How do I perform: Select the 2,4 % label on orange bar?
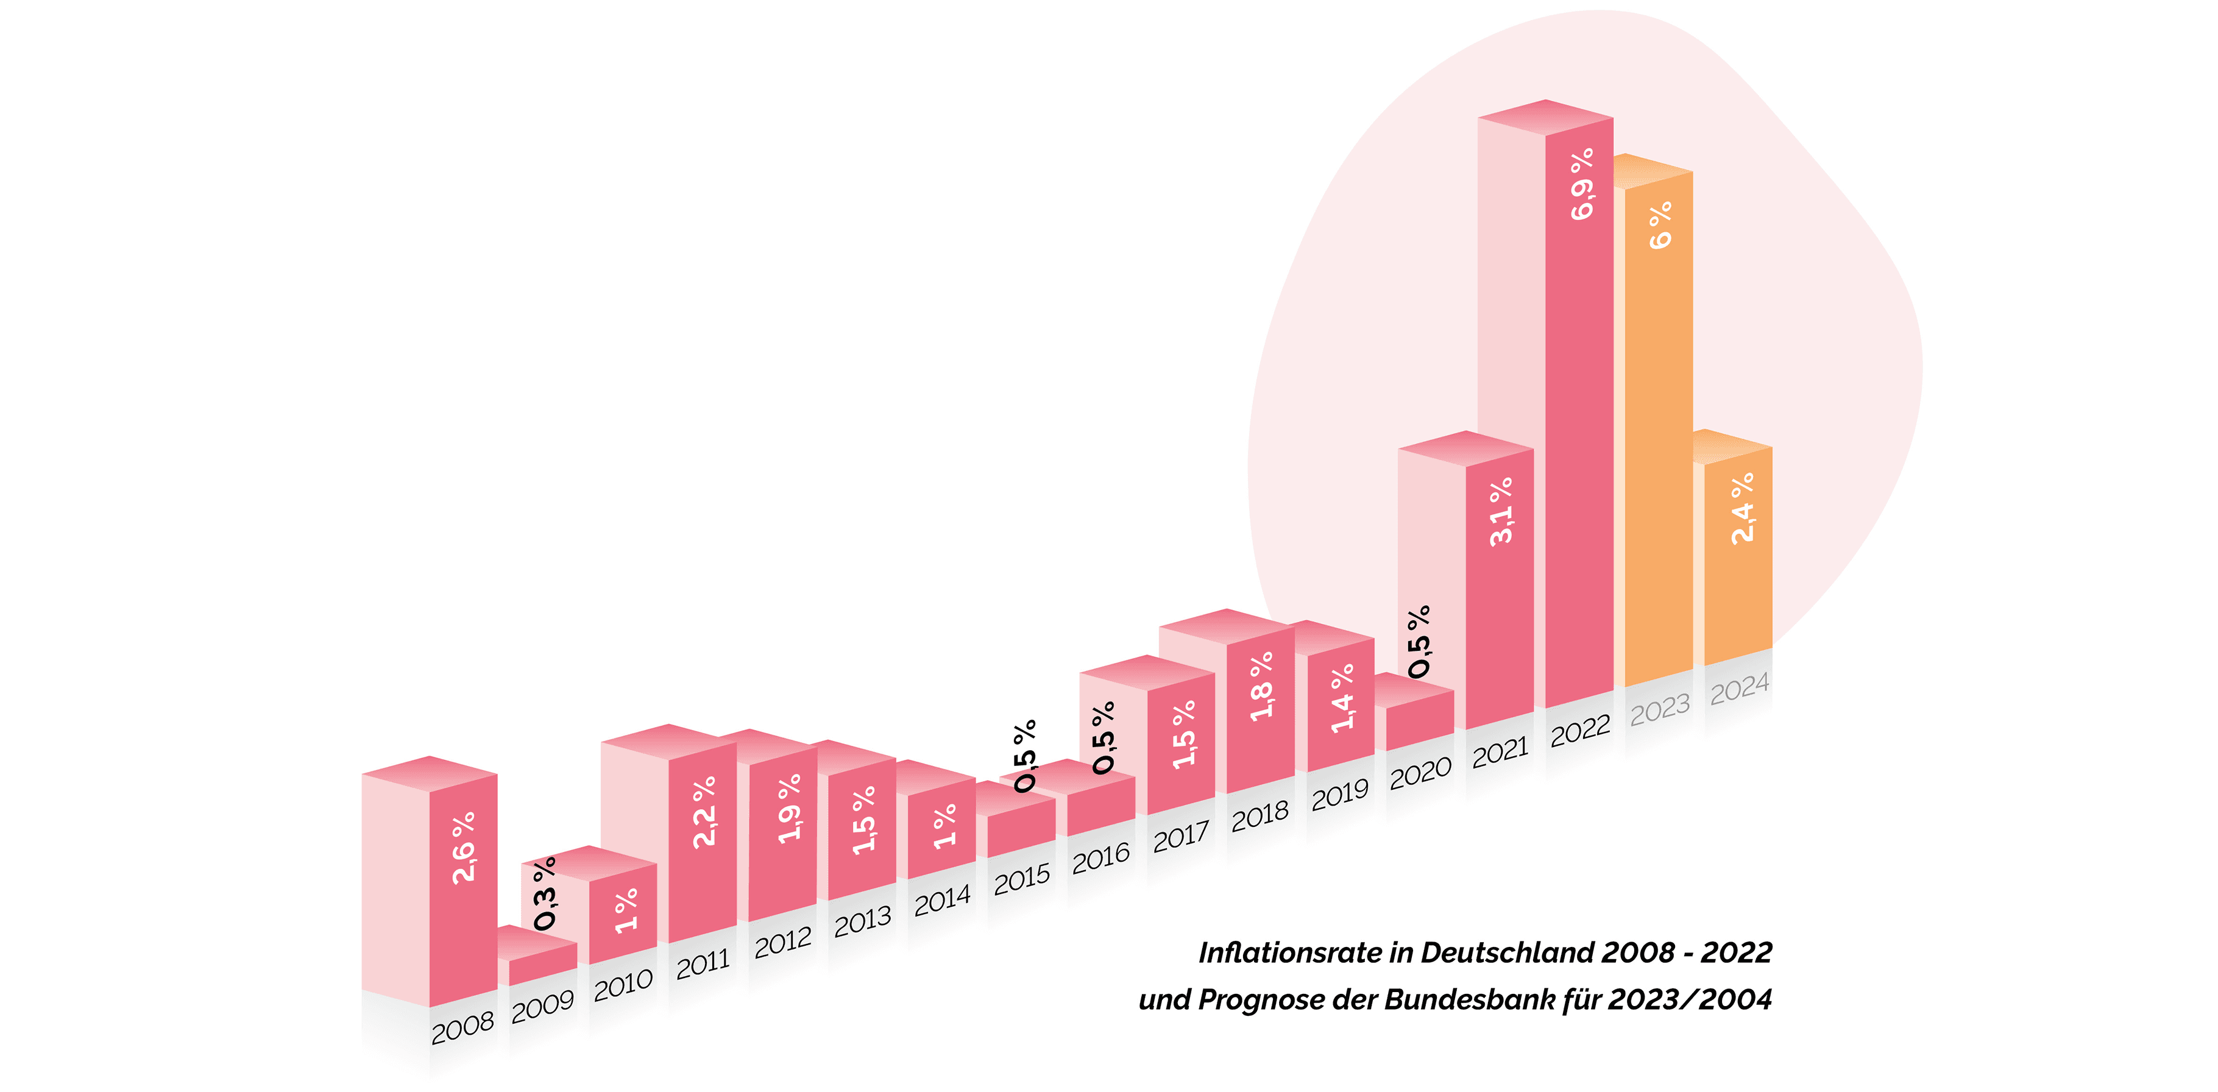click(x=1742, y=508)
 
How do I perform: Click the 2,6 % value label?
click(x=463, y=848)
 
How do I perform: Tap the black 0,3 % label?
click(x=545, y=894)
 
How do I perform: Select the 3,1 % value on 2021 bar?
click(x=1501, y=511)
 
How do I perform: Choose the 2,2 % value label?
click(x=703, y=812)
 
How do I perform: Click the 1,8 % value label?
click(x=1261, y=686)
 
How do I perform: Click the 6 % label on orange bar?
click(x=1660, y=225)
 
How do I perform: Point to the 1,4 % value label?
click(x=1342, y=698)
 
